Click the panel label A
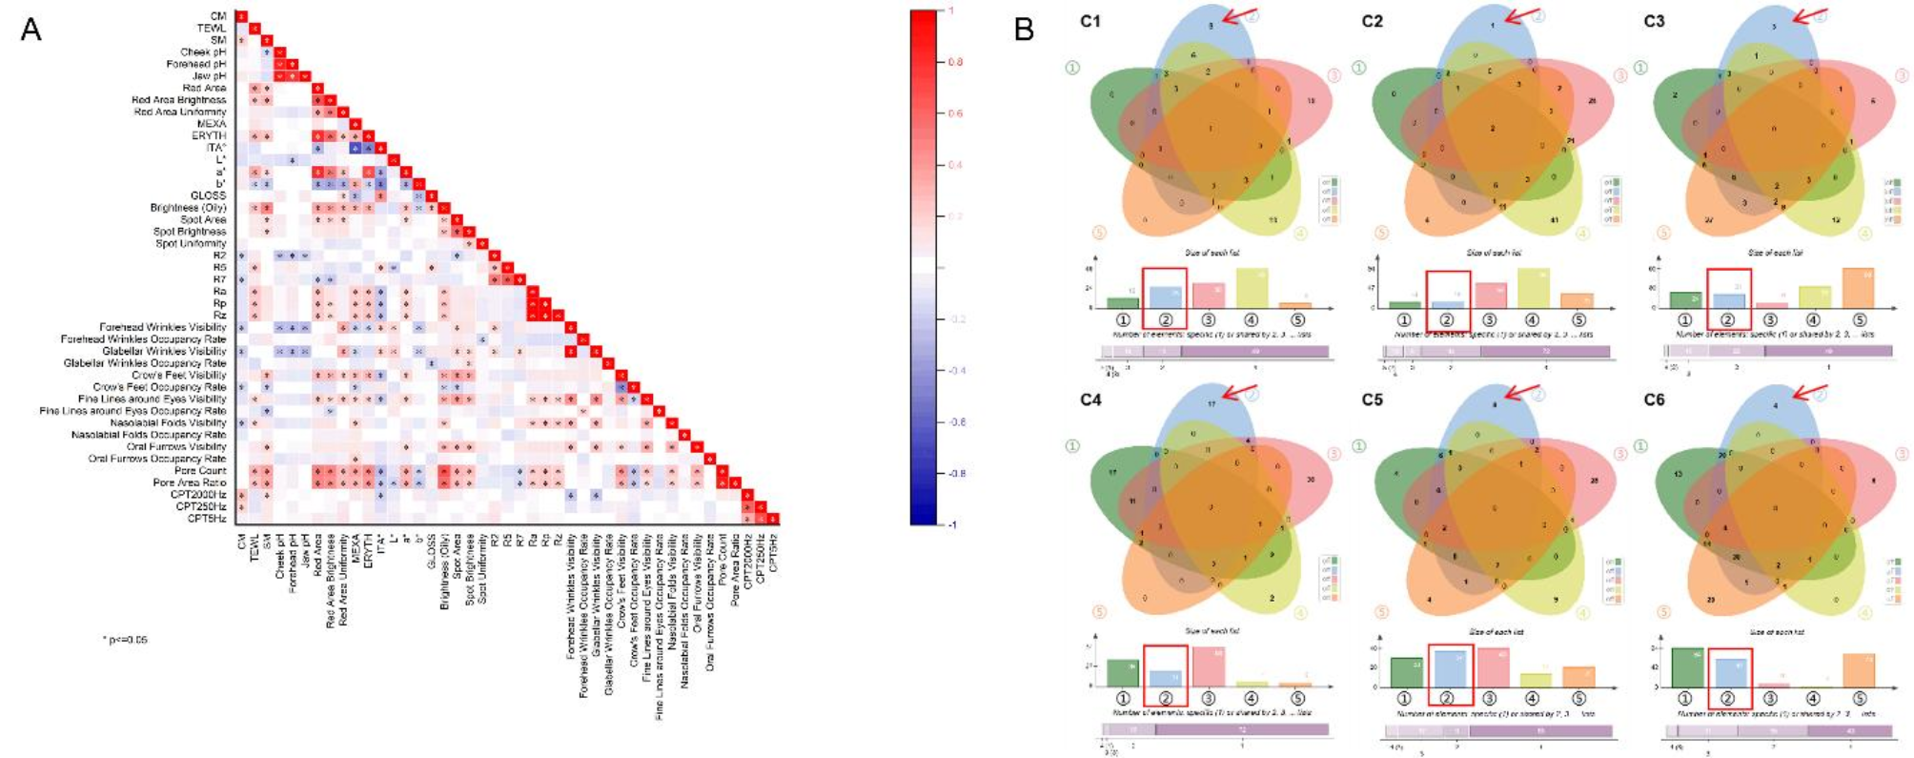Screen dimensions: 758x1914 31,31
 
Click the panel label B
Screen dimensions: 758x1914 1024,31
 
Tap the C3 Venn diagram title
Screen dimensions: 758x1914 1655,21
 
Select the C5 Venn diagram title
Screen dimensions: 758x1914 1372,399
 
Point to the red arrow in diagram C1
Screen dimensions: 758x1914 1239,14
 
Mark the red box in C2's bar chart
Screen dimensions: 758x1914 1448,301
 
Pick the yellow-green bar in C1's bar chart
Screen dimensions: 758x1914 1251,287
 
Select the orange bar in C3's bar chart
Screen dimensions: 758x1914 1858,288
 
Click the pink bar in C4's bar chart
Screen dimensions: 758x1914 1207,666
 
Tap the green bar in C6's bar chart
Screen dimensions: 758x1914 1687,667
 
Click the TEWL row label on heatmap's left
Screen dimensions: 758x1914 211,29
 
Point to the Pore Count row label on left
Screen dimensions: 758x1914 200,470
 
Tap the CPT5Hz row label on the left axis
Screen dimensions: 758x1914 206,519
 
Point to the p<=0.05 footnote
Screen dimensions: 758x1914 125,639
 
